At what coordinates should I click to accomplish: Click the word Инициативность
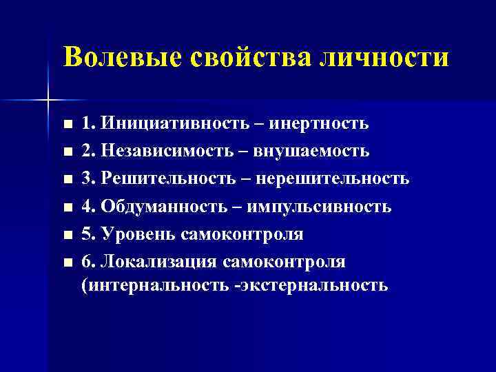coord(169,124)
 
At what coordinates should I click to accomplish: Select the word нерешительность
coord(333,179)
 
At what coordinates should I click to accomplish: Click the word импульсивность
coord(320,207)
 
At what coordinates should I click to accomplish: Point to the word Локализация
coord(159,262)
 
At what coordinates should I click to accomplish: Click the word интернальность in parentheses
coord(156,285)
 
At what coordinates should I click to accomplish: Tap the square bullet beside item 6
coord(66,263)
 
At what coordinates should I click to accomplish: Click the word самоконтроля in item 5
coord(242,234)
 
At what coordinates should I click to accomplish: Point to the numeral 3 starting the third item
coord(85,179)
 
